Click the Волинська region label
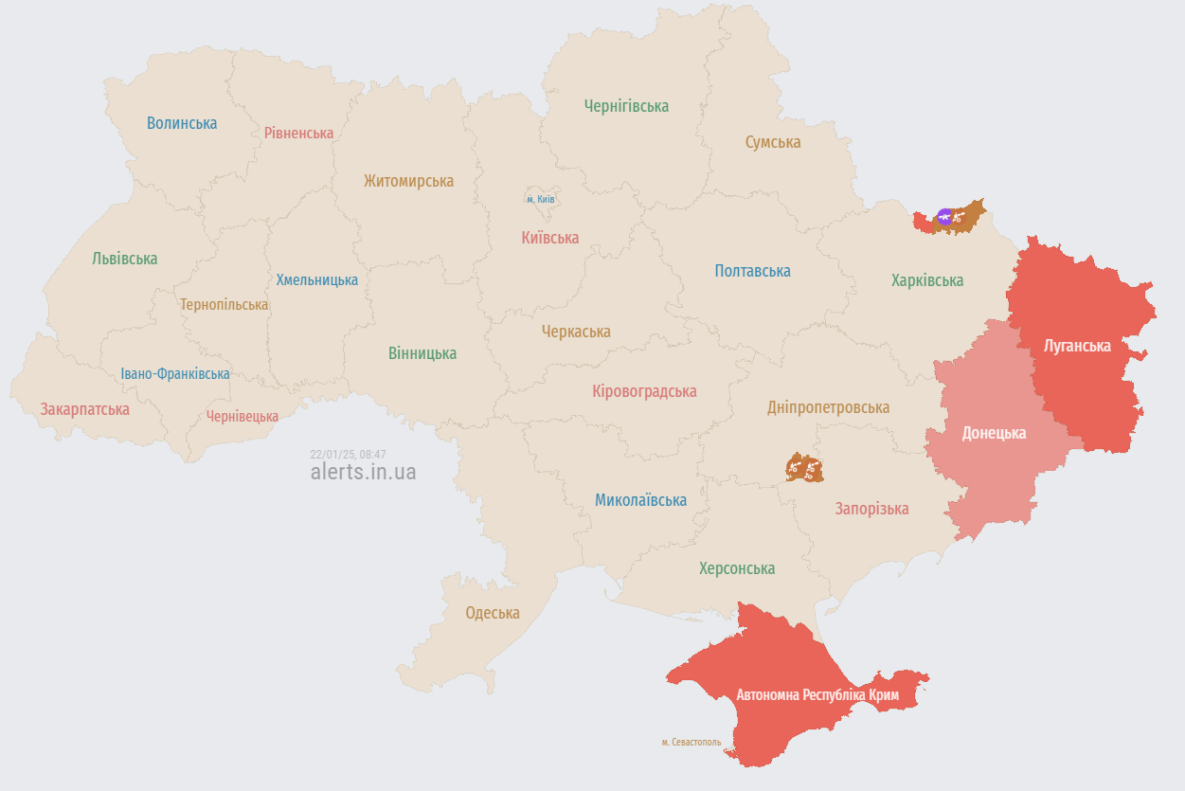(182, 123)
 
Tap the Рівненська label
(298, 133)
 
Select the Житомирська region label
(408, 181)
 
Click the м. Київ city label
(541, 199)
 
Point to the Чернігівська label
(626, 106)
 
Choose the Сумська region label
(772, 142)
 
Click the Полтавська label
(752, 271)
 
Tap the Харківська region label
(926, 280)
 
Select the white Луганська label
(1076, 346)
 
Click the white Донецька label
(994, 433)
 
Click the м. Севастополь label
(691, 742)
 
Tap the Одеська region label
(492, 613)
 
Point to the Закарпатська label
(84, 409)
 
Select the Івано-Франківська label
(175, 374)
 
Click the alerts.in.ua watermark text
(363, 472)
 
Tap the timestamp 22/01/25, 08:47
(348, 455)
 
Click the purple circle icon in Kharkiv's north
(943, 217)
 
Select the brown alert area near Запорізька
(804, 468)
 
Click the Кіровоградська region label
(643, 391)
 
